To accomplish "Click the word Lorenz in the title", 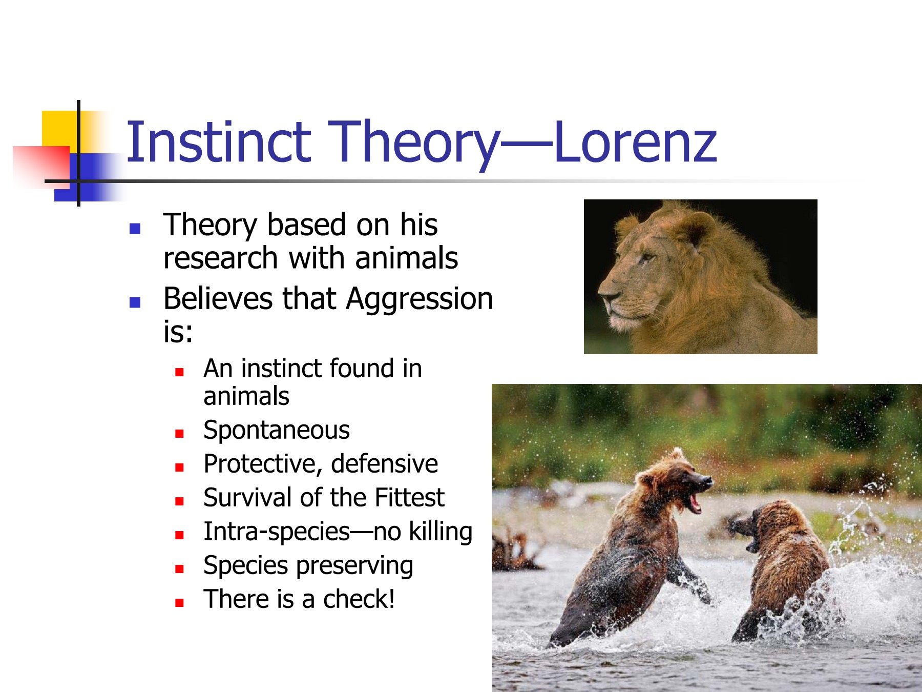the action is pyautogui.click(x=635, y=142).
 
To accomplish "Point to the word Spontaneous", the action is pyautogui.click(x=277, y=431).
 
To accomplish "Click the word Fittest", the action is pyautogui.click(x=410, y=498).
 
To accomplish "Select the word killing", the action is pyautogui.click(x=441, y=532).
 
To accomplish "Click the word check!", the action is pyautogui.click(x=359, y=599).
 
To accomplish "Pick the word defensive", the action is pyautogui.click(x=385, y=464).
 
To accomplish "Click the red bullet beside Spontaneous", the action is pyautogui.click(x=179, y=434).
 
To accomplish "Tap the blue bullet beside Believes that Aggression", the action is pyautogui.click(x=135, y=302).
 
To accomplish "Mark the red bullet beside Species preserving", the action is pyautogui.click(x=179, y=569).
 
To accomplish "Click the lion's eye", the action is pyautogui.click(x=647, y=256).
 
